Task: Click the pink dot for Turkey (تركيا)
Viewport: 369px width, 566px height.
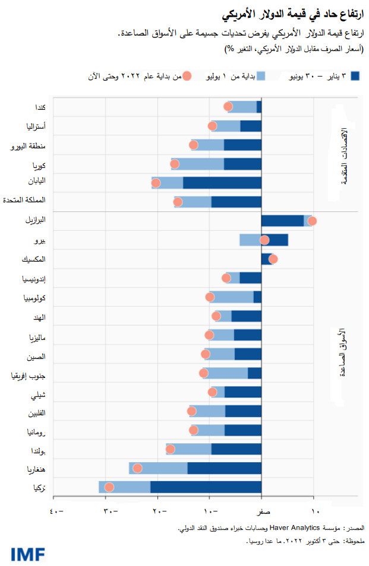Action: pos(109,487)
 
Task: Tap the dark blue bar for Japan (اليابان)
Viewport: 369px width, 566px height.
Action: pos(222,183)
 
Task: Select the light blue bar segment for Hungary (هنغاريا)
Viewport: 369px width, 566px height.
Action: pos(158,468)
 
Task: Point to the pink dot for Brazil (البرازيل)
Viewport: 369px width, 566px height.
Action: pos(312,221)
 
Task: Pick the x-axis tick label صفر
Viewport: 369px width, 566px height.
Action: pos(262,511)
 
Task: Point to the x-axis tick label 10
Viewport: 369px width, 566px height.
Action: pos(315,511)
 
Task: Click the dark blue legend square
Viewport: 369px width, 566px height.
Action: pos(356,76)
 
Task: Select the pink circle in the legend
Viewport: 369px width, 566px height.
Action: pos(187,76)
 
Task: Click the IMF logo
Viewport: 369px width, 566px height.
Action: pos(27,554)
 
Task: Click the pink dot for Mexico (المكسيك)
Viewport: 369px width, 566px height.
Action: pos(273,259)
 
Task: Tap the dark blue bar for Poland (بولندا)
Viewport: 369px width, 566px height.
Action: pos(236,449)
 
